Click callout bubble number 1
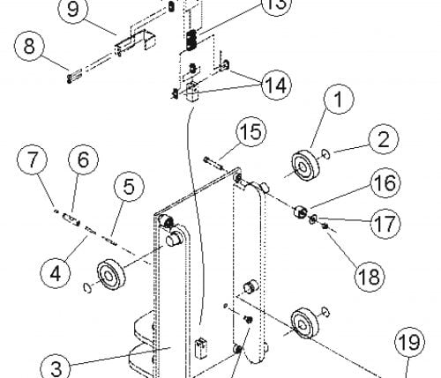(339, 99)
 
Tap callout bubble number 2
(384, 139)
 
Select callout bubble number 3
(55, 367)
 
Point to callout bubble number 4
(56, 273)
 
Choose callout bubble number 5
(130, 186)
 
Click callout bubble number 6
(84, 159)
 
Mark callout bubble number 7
(33, 159)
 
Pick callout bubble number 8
(29, 46)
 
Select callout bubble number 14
(276, 85)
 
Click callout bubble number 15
(251, 131)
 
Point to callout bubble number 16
(385, 182)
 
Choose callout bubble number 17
(385, 224)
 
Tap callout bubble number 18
(370, 277)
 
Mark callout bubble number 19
(409, 342)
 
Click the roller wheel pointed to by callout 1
(305, 167)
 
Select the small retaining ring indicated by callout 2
(325, 154)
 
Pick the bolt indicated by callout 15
(213, 164)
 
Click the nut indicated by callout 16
(300, 211)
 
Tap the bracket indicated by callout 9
(135, 42)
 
